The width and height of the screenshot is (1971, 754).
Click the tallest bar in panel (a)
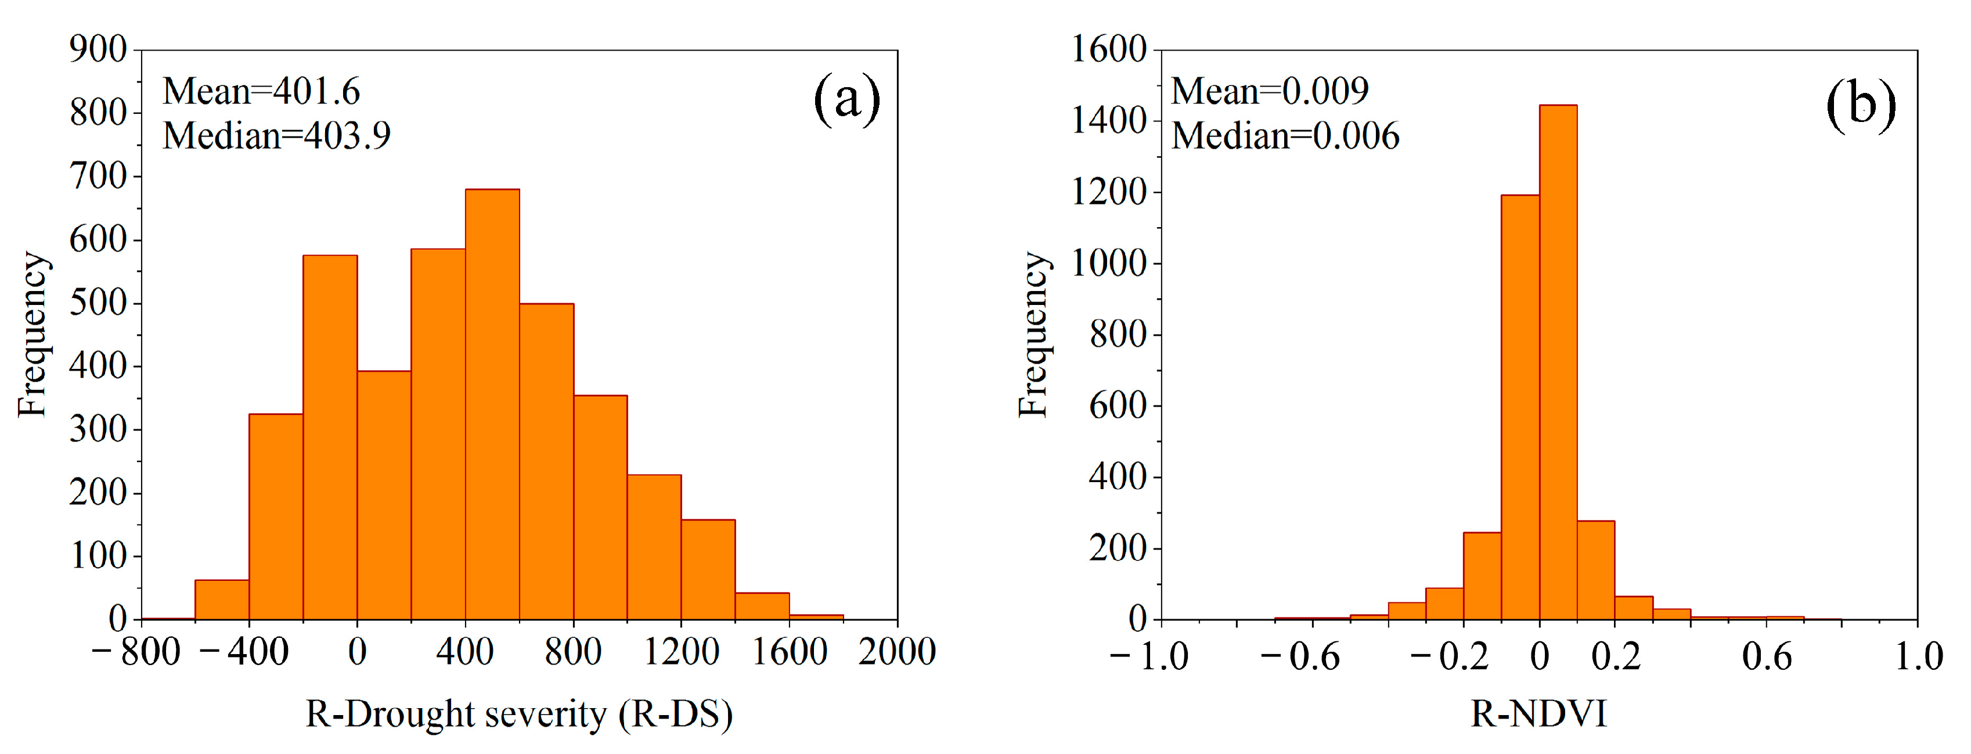[492, 405]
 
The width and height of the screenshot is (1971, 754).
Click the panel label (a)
[846, 99]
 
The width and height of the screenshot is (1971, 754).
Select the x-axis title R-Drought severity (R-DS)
[519, 714]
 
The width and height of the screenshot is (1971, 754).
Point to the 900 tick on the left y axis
[98, 50]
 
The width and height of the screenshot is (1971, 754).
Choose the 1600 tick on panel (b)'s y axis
[1108, 50]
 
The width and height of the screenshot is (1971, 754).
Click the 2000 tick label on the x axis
[897, 653]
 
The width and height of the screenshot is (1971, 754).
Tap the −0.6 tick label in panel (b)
[1300, 657]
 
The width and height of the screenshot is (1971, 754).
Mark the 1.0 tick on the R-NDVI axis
[1918, 657]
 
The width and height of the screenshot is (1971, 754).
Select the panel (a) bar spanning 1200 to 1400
[708, 570]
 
